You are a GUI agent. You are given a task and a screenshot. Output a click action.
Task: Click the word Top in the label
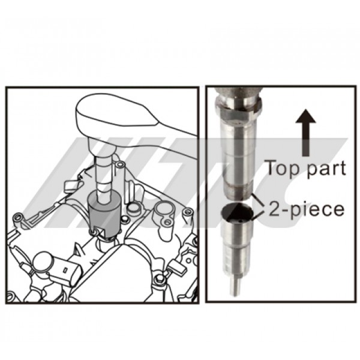280,169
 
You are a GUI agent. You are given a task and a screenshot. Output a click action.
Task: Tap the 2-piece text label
307,209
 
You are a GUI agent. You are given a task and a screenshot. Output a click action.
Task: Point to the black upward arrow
305,133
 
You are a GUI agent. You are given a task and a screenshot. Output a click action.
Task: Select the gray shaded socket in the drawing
104,215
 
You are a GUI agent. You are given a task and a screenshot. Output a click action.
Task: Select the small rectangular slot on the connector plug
65,270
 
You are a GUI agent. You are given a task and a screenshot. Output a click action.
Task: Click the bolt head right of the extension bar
119,164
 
